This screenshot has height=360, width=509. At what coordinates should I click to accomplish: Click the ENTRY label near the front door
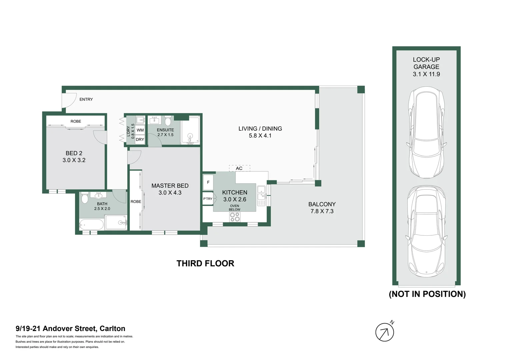point(86,99)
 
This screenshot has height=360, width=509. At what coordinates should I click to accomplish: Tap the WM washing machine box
point(140,130)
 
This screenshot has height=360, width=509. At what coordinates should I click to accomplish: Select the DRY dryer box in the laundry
point(140,140)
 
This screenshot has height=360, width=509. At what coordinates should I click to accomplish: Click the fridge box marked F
point(208,182)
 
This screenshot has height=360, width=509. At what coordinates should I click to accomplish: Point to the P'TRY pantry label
point(208,199)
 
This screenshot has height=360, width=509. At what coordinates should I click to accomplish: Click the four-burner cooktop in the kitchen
point(235,217)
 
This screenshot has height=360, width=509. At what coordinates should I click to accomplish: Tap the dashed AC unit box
point(240,168)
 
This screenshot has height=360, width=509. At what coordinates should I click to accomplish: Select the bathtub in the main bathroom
point(91,225)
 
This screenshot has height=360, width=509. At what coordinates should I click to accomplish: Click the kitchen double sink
point(261,195)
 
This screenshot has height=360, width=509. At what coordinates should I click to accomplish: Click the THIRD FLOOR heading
point(205,263)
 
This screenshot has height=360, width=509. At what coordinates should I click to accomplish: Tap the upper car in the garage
point(427,132)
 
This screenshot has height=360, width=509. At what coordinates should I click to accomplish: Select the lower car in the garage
point(427,231)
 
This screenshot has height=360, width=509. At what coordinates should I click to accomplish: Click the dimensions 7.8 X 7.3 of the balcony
point(322,211)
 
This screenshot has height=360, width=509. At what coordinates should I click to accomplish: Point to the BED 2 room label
point(74,153)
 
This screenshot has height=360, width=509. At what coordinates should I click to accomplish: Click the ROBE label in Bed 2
point(76,121)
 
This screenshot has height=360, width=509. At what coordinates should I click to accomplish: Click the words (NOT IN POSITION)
point(427,294)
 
